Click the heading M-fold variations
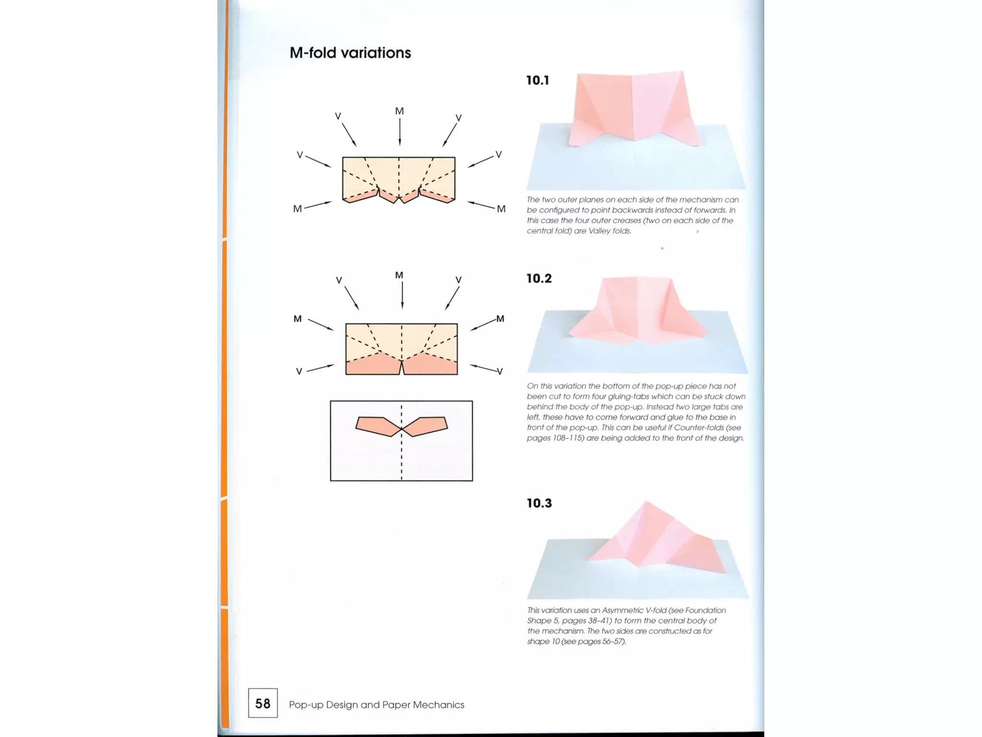click(x=350, y=53)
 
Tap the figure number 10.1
click(x=538, y=80)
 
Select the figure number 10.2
click(x=539, y=278)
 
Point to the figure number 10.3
click(x=539, y=503)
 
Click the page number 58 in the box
click(x=263, y=703)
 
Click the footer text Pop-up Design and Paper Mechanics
click(x=376, y=704)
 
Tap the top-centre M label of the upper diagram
click(x=399, y=111)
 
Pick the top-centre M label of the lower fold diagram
click(x=399, y=275)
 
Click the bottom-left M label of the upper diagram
click(x=297, y=209)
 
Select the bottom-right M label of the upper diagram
click(x=501, y=209)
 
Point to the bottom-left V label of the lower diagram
click(x=299, y=371)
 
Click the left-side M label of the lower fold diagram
click(x=297, y=319)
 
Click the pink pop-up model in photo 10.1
click(x=633, y=108)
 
